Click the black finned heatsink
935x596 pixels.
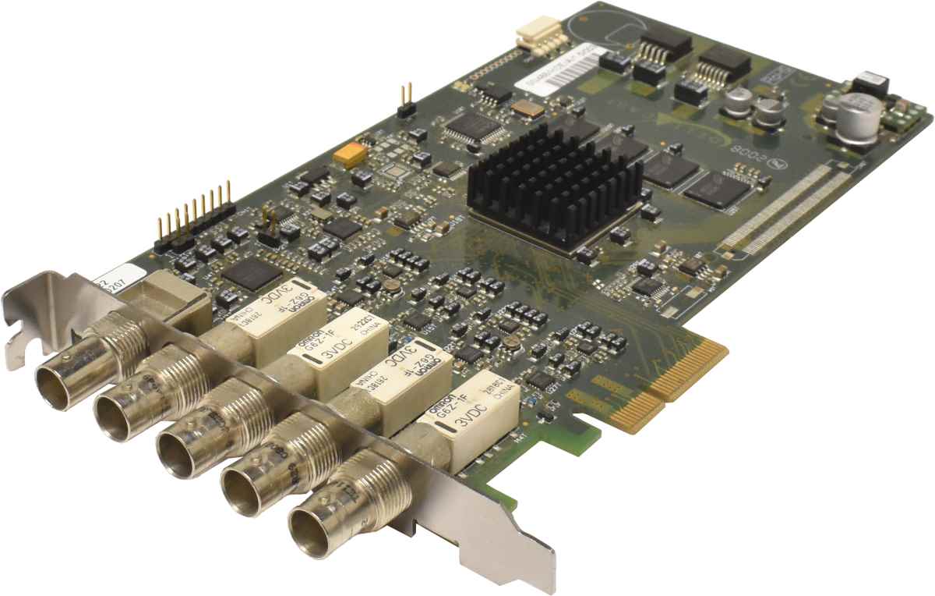[x=555, y=187]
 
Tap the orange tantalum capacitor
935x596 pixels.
[x=349, y=154]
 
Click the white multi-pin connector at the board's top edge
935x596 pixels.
[x=537, y=34]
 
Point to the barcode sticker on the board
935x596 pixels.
[x=558, y=70]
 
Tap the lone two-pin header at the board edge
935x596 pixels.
[x=405, y=101]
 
